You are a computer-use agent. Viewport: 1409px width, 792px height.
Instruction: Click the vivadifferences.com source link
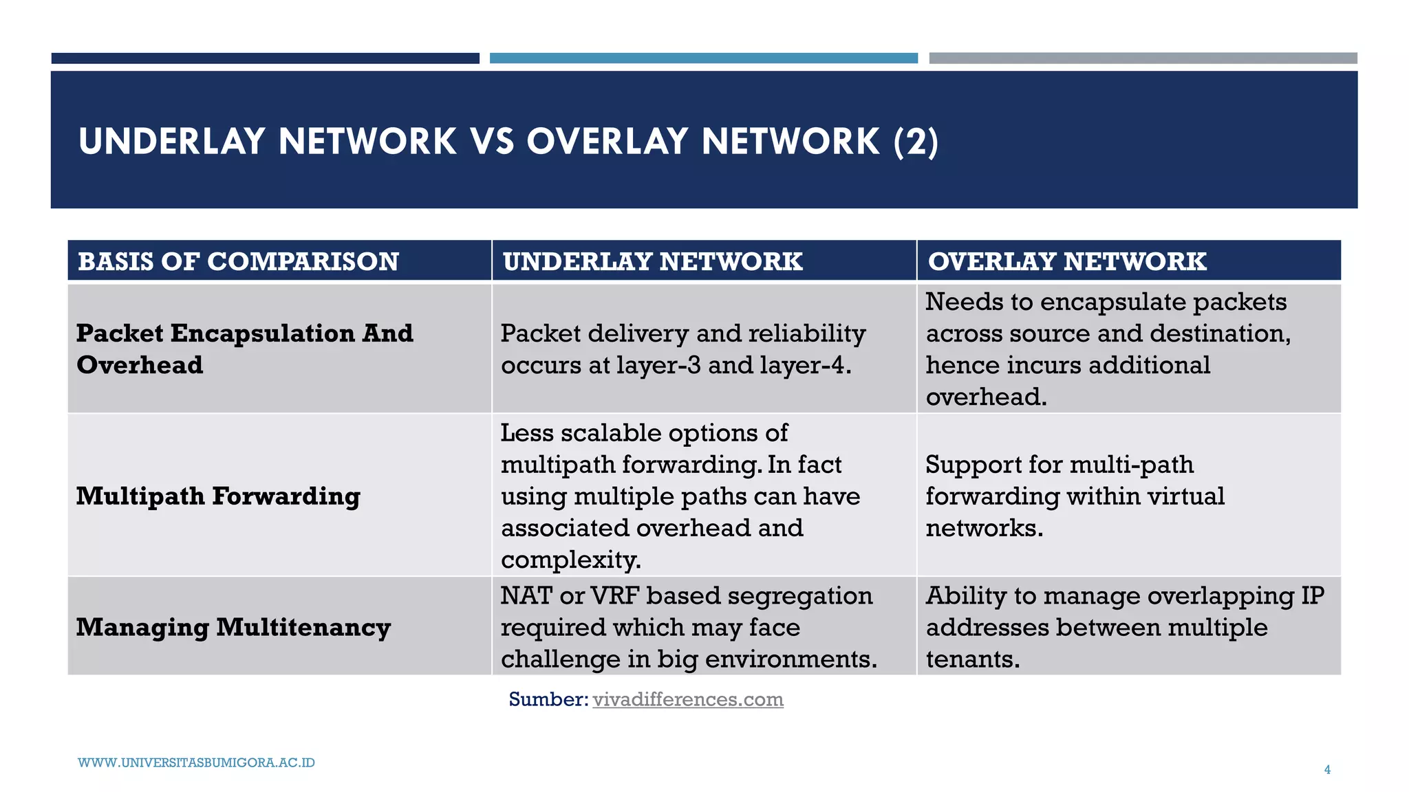click(687, 699)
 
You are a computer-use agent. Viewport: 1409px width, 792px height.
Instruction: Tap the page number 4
click(1327, 770)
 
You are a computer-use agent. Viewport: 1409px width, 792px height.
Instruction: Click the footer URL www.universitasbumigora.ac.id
click(196, 762)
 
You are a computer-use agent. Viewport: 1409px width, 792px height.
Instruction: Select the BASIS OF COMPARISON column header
click(238, 261)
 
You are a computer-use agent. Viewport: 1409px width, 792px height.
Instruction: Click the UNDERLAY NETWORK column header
click(652, 261)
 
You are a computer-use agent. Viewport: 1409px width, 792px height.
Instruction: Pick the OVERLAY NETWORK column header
click(1067, 261)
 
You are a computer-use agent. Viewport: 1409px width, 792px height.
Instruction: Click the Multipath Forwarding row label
click(218, 496)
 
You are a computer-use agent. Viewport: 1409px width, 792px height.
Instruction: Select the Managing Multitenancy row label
click(233, 627)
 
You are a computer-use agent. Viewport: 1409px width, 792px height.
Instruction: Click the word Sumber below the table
click(548, 699)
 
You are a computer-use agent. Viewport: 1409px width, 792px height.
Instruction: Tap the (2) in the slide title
click(916, 142)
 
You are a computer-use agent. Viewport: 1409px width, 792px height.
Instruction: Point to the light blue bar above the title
click(703, 58)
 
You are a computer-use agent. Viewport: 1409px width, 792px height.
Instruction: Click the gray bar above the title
click(1143, 58)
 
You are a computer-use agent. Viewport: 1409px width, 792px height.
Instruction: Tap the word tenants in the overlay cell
click(972, 659)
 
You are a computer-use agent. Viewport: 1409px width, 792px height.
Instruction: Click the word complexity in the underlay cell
click(570, 560)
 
